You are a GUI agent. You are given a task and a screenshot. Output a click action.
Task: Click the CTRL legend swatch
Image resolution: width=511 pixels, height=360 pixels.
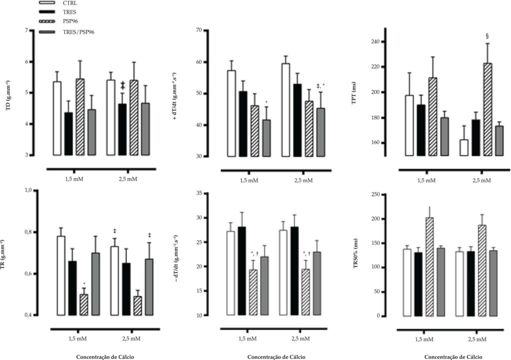tap(46, 3)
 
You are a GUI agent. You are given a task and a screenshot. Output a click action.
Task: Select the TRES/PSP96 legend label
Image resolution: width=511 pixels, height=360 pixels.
tap(78, 32)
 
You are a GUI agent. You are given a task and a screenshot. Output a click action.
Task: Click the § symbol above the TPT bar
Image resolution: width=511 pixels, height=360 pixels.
tap(487, 36)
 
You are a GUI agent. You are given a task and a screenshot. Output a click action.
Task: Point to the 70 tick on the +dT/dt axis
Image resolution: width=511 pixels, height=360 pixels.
tap(199, 30)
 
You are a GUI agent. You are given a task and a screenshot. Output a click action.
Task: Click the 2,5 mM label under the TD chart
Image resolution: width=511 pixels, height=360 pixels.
tap(128, 179)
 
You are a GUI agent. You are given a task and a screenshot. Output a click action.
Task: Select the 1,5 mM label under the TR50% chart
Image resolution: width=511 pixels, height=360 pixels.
tap(425, 339)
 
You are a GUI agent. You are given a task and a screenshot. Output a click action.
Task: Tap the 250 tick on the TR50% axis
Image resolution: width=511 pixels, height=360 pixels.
tap(376, 195)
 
